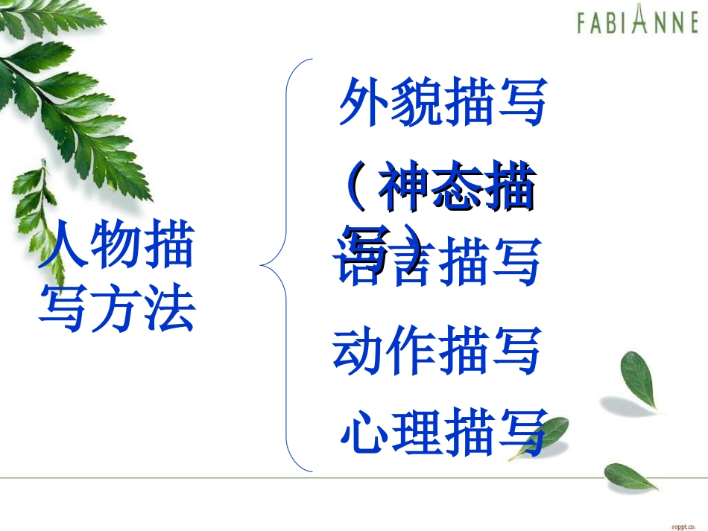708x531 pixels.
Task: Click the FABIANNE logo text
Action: coord(637,22)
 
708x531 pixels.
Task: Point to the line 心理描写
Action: coord(443,431)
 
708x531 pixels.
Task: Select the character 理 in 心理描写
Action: coord(417,431)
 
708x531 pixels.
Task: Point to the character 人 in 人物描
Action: coord(64,248)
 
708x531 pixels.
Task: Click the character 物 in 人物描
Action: coord(116,248)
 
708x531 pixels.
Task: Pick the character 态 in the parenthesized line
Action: coord(455,190)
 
